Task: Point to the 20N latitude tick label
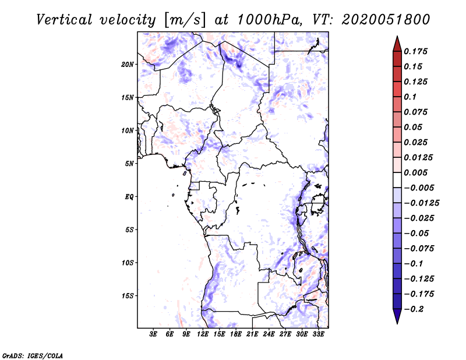(128, 64)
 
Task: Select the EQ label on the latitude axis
(129, 196)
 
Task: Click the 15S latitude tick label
(128, 296)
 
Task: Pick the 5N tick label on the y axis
(129, 164)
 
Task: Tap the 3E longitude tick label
(154, 334)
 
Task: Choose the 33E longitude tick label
(319, 334)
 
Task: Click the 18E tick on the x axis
(236, 334)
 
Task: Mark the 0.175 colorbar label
(417, 51)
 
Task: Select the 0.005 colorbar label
(417, 172)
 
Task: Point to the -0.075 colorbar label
(419, 248)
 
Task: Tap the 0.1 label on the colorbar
(411, 97)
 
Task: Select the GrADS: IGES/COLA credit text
(24, 354)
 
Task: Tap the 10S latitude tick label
(128, 263)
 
